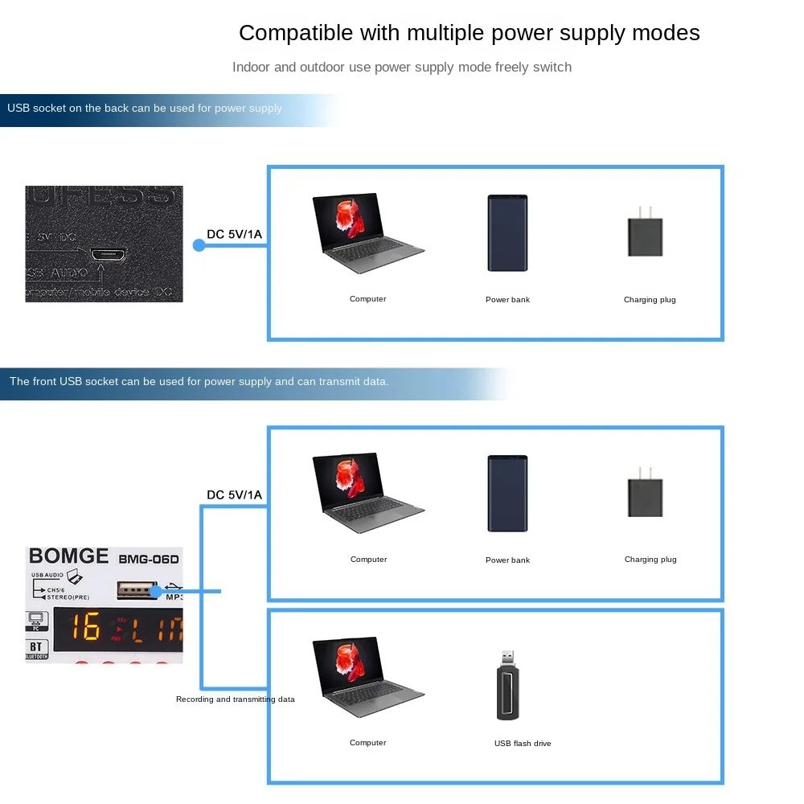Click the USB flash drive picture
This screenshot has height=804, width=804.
(x=508, y=685)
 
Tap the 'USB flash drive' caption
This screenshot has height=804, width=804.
(x=523, y=744)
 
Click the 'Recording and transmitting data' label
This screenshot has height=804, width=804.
(x=236, y=699)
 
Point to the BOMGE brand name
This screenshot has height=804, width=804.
(x=68, y=556)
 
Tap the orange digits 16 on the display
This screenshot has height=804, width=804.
(x=83, y=627)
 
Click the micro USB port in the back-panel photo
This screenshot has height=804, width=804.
(x=107, y=255)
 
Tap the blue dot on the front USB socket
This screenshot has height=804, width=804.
(x=156, y=592)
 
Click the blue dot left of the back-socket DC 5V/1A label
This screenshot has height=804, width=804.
(x=199, y=245)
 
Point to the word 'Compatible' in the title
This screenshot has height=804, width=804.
(x=296, y=33)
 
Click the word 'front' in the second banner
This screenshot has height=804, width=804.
(x=44, y=381)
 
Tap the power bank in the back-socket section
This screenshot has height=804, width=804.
(x=507, y=232)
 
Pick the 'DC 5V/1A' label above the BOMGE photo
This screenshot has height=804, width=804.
(x=234, y=495)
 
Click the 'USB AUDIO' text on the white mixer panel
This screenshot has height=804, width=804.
(x=47, y=575)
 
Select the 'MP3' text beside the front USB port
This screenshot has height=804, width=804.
(x=174, y=597)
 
